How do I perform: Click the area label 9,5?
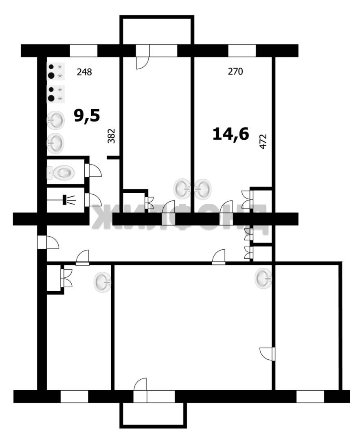point(87,116)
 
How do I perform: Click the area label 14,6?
point(231,134)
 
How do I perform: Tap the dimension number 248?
point(84,72)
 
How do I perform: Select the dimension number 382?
point(112,136)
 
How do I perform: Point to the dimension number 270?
point(235,72)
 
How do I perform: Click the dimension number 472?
point(263,141)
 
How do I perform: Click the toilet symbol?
point(61,173)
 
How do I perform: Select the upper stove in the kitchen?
point(56,71)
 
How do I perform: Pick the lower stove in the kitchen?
point(56,94)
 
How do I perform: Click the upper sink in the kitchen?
point(55,120)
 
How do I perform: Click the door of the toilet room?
point(93,170)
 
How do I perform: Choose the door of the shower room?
point(93,200)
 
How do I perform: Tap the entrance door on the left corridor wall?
point(48,242)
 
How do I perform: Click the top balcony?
point(157,30)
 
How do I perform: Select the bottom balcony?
point(153,415)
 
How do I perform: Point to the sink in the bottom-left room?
point(102,282)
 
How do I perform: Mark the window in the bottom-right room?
point(310,396)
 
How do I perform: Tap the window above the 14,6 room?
point(242,51)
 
